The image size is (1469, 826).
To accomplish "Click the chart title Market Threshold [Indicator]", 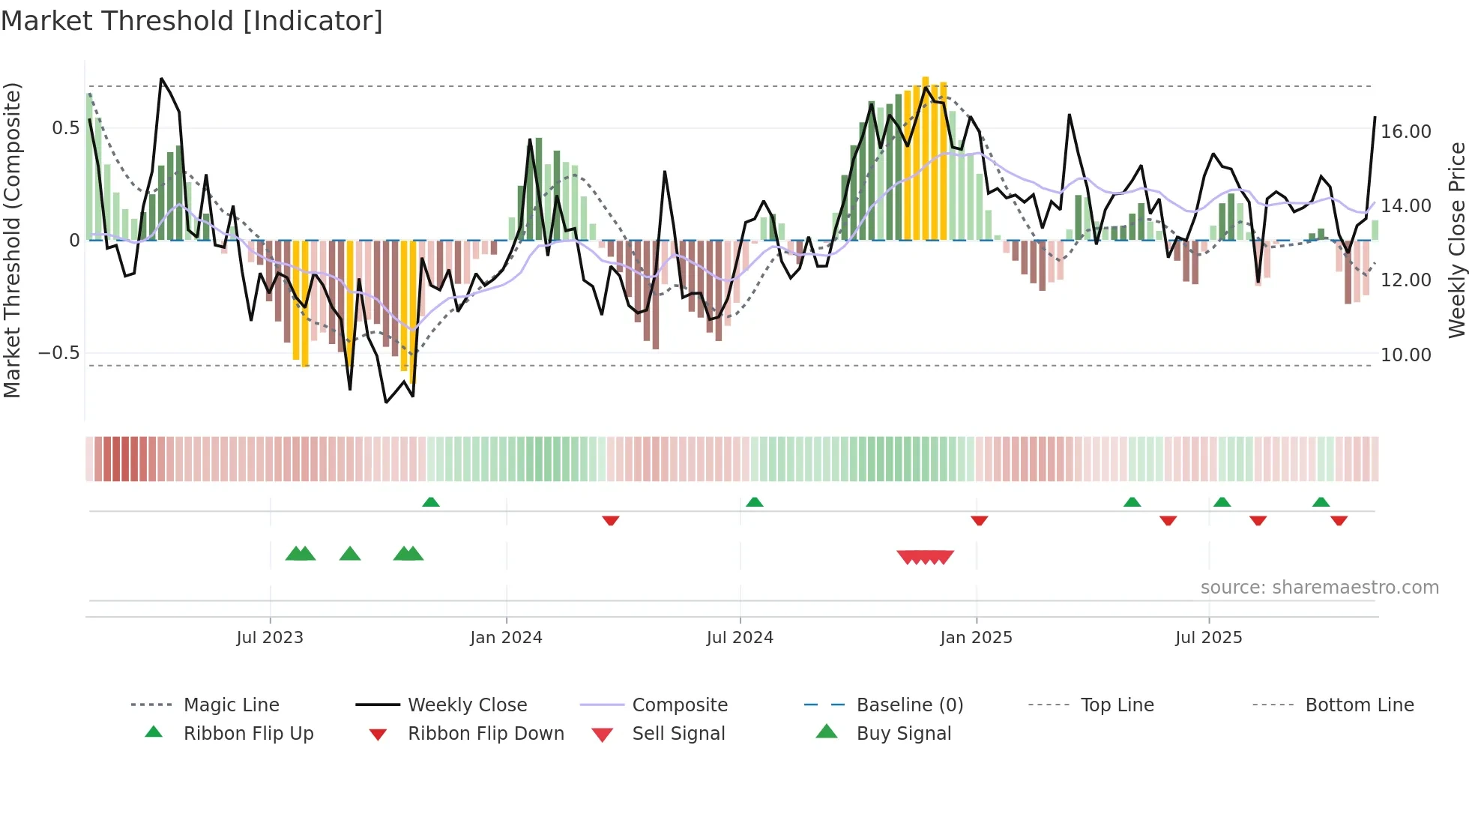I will point(192,21).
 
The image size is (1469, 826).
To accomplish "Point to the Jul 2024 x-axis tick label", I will point(740,638).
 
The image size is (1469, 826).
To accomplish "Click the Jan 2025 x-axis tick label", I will point(976,638).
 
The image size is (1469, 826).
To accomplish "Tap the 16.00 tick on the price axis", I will point(1406,132).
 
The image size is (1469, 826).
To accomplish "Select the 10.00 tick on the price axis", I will point(1406,355).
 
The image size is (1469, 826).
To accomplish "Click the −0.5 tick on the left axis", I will point(59,353).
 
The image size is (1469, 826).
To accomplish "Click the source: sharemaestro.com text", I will point(1319,587).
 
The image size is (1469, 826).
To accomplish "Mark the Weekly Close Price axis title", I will point(1456,240).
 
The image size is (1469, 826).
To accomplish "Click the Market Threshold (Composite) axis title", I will point(12,240).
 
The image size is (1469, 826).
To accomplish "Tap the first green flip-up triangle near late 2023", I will point(431,502).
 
